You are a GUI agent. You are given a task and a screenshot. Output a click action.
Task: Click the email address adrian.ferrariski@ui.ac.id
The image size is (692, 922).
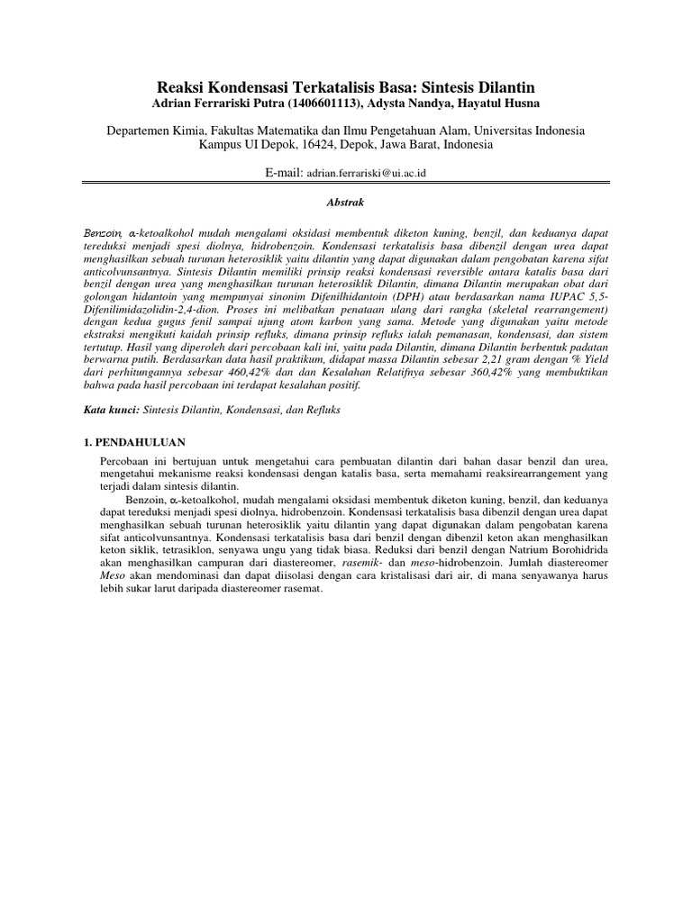point(359,172)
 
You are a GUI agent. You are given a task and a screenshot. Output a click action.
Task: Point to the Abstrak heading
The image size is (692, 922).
point(346,204)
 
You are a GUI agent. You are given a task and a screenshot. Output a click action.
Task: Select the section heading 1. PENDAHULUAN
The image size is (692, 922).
point(129,442)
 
